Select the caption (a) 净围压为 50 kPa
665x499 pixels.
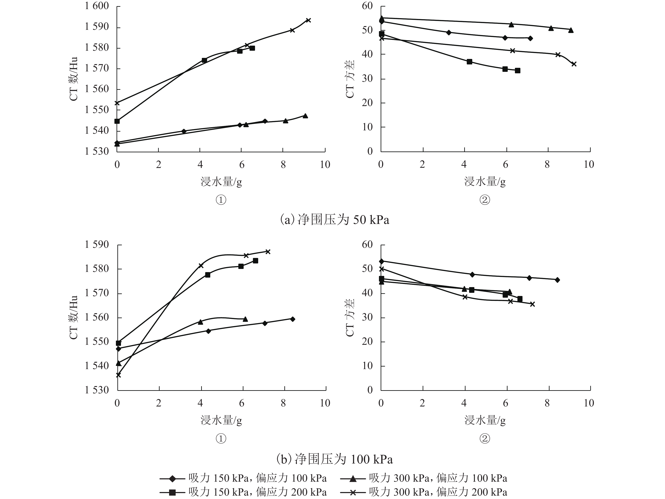click(x=334, y=220)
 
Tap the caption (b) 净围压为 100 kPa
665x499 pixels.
click(x=334, y=459)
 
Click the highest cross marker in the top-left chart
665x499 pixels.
click(x=308, y=20)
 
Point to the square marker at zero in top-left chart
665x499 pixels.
click(x=117, y=121)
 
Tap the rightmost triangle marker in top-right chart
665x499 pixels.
click(x=571, y=30)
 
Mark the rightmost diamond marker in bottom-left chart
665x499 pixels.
click(x=293, y=319)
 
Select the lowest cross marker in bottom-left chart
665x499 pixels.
click(x=118, y=375)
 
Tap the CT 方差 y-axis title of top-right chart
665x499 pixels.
click(x=350, y=79)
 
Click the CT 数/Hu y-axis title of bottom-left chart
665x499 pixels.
click(x=74, y=318)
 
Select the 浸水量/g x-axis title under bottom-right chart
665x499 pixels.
click(x=485, y=420)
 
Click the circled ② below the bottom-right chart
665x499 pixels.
click(x=485, y=439)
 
